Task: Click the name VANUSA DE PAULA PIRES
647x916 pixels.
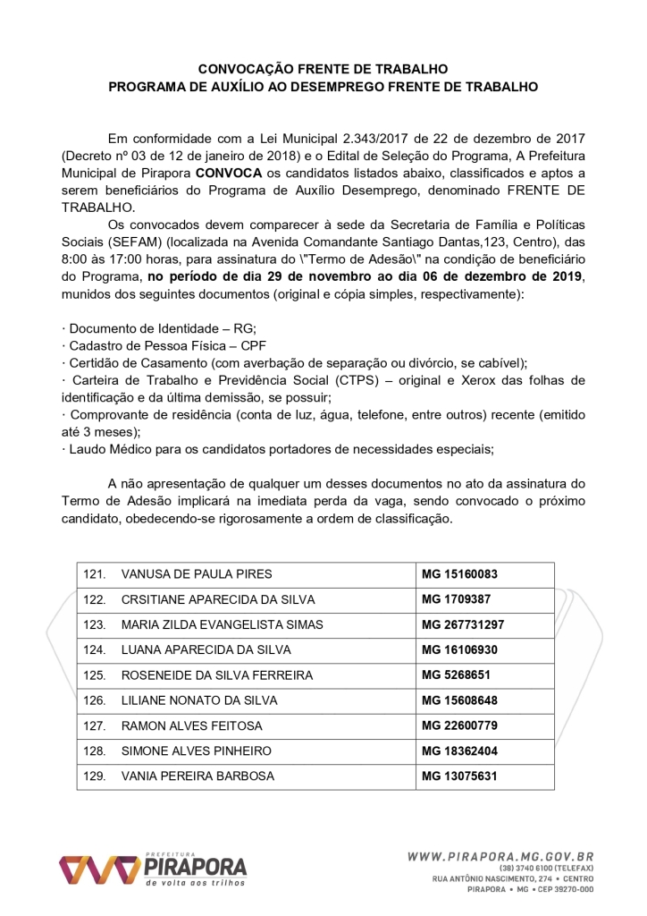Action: tap(197, 574)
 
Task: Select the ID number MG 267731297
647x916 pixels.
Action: tap(462, 624)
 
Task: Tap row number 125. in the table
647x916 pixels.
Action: tap(95, 675)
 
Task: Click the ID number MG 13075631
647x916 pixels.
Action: tap(458, 776)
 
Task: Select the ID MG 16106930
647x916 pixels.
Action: tap(458, 649)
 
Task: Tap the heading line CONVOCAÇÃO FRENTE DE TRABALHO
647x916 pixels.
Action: tap(323, 69)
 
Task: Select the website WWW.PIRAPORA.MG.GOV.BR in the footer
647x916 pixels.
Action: tap(500, 856)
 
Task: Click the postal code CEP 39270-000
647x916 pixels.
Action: tap(564, 890)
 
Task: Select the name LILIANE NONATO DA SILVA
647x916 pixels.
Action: tap(199, 700)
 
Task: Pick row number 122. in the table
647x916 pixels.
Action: tap(95, 599)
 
